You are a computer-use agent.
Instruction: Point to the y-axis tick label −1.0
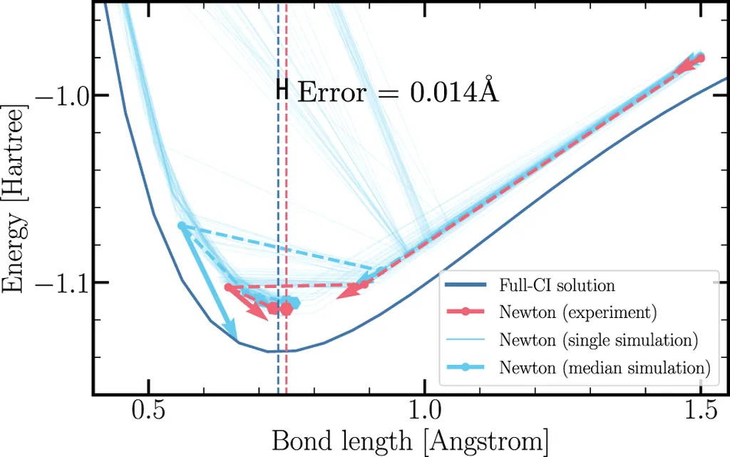coord(64,95)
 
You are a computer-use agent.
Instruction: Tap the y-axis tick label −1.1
coord(64,282)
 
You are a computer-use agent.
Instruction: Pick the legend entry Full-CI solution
coord(557,286)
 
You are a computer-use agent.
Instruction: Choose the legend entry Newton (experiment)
coord(577,312)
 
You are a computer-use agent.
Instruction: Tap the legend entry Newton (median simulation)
coord(605,368)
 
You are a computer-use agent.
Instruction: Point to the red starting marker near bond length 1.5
coord(700,58)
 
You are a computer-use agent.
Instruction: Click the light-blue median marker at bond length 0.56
coord(182,226)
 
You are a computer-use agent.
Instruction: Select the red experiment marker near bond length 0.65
coord(229,287)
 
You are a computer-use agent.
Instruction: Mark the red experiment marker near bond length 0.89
coord(364,284)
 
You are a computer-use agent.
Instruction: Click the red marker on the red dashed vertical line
coord(286,309)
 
